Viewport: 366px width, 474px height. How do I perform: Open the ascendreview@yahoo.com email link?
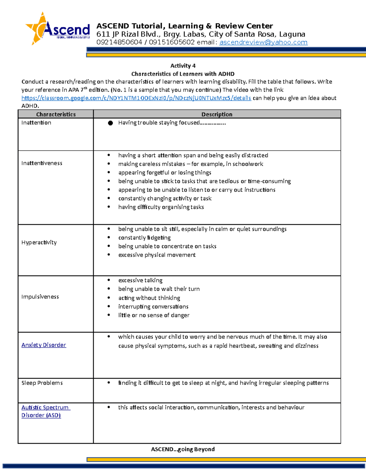[263, 42]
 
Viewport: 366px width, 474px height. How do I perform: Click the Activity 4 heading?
[183, 66]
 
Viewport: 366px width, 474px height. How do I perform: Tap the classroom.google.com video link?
[136, 98]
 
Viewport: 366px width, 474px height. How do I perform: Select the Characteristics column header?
[56, 114]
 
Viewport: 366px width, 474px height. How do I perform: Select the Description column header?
[217, 114]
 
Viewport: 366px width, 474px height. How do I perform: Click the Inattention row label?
[36, 123]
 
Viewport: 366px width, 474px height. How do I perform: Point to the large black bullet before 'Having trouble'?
[110, 123]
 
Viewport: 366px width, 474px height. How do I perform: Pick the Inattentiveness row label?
[42, 163]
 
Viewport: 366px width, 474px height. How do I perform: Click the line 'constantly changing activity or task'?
[165, 198]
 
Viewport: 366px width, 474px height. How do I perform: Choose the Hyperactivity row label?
[39, 243]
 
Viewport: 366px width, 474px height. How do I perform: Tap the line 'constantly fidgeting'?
[144, 238]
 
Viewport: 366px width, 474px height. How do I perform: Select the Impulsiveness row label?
[40, 297]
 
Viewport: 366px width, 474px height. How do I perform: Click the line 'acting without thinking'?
[149, 298]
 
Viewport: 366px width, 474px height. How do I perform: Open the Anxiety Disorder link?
[44, 345]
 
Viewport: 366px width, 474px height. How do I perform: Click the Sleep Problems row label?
[42, 383]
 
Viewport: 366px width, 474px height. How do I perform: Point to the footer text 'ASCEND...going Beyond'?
[183, 449]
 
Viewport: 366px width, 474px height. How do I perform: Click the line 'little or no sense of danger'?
[154, 315]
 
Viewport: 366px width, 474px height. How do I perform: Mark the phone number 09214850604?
[119, 42]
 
